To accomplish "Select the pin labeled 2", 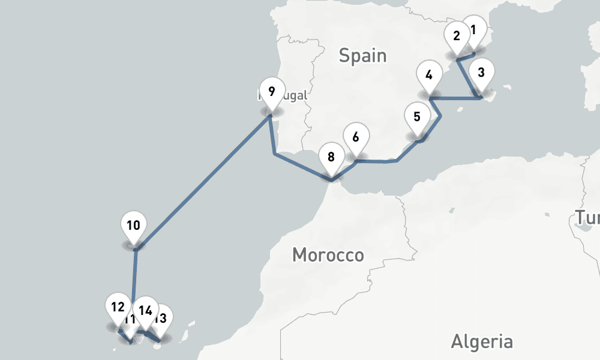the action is click(457, 37).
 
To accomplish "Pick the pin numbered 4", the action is click(428, 76).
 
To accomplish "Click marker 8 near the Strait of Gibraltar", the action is click(331, 158).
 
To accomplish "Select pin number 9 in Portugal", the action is click(272, 92).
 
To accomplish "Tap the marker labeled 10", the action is click(133, 226).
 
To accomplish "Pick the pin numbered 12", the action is click(117, 307).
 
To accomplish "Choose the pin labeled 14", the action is click(145, 311).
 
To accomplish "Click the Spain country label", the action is click(362, 56).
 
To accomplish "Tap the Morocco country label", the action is click(328, 255).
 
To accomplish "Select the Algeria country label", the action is click(482, 342).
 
